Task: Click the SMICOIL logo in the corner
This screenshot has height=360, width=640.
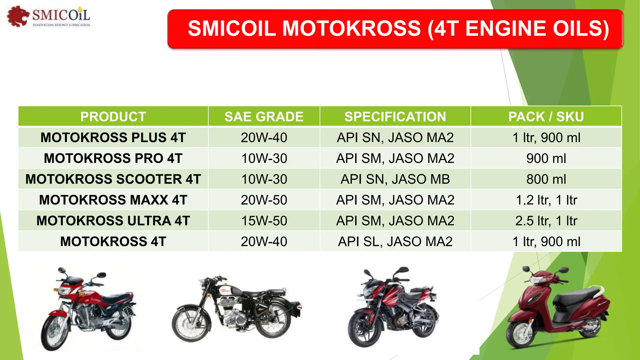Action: (x=49, y=16)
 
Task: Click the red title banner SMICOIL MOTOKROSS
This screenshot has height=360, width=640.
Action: (x=395, y=29)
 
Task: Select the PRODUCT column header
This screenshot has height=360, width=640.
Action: (x=113, y=117)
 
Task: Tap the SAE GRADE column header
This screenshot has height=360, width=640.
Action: (x=264, y=117)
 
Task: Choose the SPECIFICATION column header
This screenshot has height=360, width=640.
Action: (x=395, y=117)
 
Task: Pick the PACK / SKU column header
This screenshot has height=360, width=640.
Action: (x=546, y=117)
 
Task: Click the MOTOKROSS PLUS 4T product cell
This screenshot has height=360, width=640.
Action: (x=113, y=137)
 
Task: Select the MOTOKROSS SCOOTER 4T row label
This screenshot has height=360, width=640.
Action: (x=113, y=179)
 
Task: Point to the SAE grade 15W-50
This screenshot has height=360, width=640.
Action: (x=264, y=221)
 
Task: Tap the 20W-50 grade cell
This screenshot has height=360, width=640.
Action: (x=264, y=200)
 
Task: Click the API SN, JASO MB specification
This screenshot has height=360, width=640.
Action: (x=395, y=179)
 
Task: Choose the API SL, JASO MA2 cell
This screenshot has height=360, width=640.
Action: (x=395, y=242)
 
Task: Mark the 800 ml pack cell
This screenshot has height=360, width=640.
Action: (x=546, y=179)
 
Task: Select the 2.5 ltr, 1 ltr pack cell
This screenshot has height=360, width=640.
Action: (x=546, y=221)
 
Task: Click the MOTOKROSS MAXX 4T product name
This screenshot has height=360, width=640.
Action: (x=113, y=200)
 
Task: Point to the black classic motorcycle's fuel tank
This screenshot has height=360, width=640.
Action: (x=227, y=291)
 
